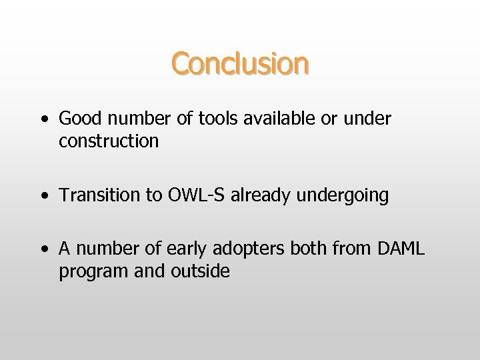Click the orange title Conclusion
pyautogui.click(x=240, y=64)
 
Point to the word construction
pyautogui.click(x=109, y=141)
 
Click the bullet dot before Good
pyautogui.click(x=43, y=121)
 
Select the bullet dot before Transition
pyautogui.click(x=43, y=197)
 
